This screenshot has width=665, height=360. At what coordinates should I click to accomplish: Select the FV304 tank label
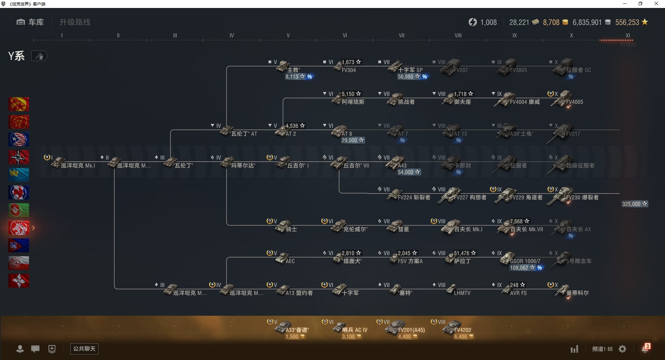[x=348, y=70]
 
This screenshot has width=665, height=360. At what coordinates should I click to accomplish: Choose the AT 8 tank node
[x=340, y=132]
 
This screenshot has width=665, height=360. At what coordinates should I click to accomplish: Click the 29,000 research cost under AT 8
[x=352, y=140]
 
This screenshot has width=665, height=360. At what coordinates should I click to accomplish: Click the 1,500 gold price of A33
[x=295, y=337]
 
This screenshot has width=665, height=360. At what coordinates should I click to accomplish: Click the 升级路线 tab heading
[x=75, y=22]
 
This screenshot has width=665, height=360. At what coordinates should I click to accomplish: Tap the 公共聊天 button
[x=84, y=349]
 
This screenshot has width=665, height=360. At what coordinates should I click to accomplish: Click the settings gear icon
[x=622, y=349]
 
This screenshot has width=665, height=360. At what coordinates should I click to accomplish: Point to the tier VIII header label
[x=458, y=35]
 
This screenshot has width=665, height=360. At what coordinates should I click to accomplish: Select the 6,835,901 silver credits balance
[x=587, y=22]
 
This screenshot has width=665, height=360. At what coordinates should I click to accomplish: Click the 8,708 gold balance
[x=551, y=22]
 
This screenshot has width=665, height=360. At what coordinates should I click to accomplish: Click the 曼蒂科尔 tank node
[x=565, y=291]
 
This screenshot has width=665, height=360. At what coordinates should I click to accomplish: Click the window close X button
[x=656, y=4]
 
